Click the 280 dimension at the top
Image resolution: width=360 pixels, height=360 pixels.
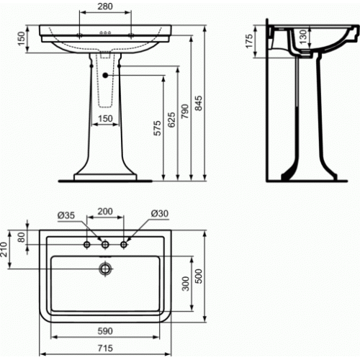click(x=105, y=6)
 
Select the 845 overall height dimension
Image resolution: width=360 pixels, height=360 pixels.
click(x=199, y=103)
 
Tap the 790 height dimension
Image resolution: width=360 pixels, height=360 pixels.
click(x=185, y=112)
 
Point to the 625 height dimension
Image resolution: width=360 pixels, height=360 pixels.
click(x=171, y=120)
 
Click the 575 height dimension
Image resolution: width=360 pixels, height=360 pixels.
click(x=158, y=128)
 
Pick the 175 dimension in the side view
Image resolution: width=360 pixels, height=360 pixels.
click(x=249, y=41)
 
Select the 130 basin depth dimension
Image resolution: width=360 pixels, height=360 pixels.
click(x=303, y=37)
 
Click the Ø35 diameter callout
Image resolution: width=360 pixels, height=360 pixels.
click(x=66, y=215)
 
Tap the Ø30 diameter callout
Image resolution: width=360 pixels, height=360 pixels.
click(x=160, y=213)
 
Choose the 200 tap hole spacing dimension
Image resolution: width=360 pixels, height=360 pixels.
click(x=105, y=212)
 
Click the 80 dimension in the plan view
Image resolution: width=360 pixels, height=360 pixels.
click(x=22, y=237)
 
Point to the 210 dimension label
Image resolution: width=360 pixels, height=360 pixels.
click(x=4, y=249)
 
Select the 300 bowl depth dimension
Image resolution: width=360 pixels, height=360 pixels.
click(x=185, y=284)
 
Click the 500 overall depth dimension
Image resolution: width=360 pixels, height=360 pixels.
click(x=199, y=276)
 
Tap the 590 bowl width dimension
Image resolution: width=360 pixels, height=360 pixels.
click(x=105, y=331)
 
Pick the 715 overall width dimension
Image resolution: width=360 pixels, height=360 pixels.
click(x=105, y=348)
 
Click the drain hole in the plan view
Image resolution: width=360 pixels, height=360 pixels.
click(x=105, y=269)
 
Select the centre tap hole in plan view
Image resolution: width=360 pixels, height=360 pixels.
click(x=105, y=245)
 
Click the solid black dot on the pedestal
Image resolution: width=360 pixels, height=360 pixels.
click(x=105, y=76)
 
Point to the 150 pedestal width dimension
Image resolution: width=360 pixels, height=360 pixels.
click(x=105, y=119)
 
